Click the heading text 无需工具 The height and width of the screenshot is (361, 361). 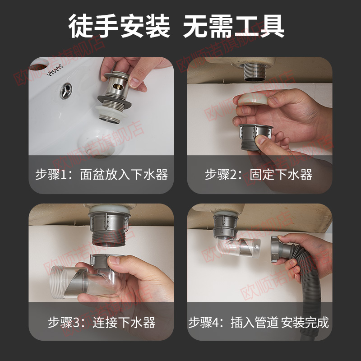tap(234, 27)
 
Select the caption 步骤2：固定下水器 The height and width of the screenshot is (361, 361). tap(259, 175)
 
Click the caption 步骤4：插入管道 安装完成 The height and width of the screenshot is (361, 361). tap(259, 322)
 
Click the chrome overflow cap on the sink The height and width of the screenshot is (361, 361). tap(67, 90)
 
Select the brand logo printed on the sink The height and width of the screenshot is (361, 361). tap(56, 73)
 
